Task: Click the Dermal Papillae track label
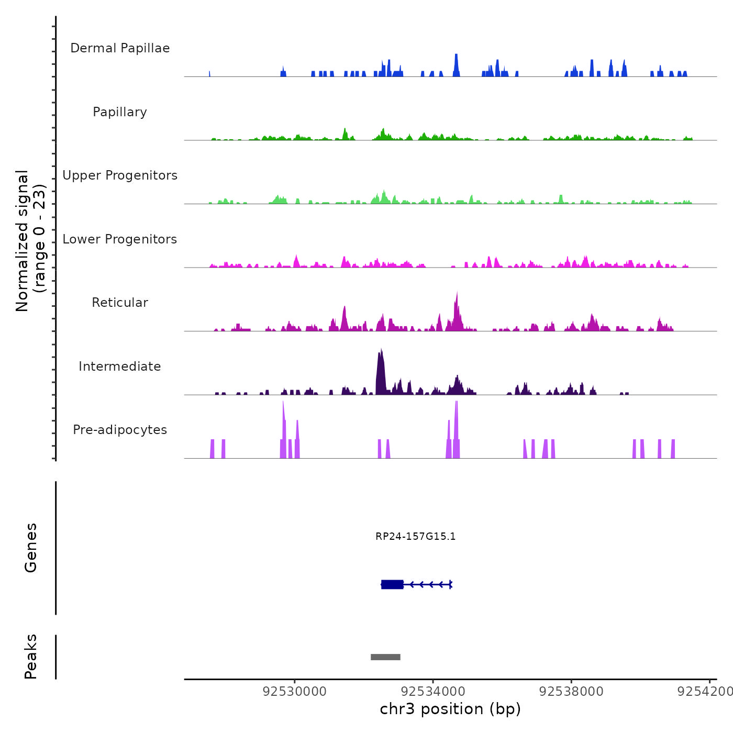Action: [120, 48]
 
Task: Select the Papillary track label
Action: [120, 112]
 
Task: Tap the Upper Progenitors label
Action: [120, 175]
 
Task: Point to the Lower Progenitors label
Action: [120, 239]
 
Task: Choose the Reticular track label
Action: [120, 303]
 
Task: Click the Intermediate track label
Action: [120, 366]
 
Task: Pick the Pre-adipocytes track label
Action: [120, 430]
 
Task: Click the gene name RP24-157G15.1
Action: [415, 536]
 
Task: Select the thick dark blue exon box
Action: [392, 584]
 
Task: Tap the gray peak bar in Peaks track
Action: [385, 657]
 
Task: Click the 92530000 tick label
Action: [295, 692]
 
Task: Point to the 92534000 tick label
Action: [433, 692]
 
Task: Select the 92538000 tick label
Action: [571, 692]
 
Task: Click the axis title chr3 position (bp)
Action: [450, 709]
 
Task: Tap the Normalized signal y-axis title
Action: [30, 240]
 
